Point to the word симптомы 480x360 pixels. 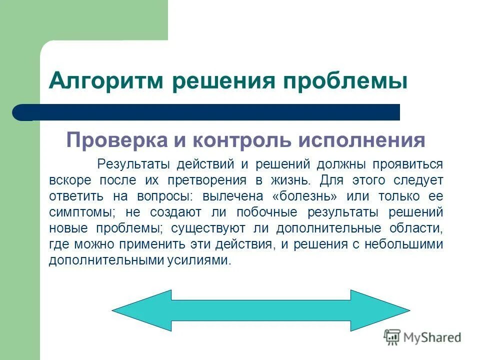pos(80,212)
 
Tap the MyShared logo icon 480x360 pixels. pos(392,337)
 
